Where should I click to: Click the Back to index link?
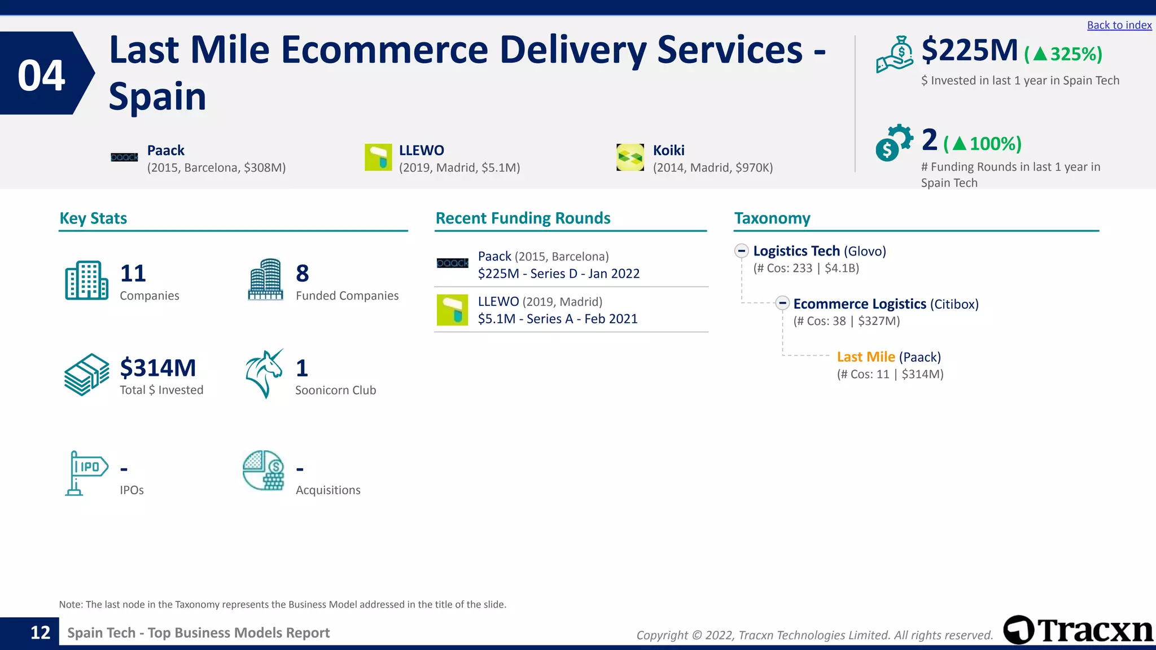1119,25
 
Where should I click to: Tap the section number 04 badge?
42,74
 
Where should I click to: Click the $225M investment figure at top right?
969,50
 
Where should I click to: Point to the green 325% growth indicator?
1063,54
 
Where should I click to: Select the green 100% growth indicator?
982,144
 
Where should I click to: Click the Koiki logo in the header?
630,157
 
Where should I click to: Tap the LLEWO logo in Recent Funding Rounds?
452,310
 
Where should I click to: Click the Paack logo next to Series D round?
452,263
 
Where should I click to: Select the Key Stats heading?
93,218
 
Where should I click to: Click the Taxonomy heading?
772,218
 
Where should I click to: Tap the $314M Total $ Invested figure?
157,368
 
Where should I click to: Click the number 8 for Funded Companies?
302,274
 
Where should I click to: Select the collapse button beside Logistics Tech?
741,251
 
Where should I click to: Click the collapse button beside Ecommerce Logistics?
782,303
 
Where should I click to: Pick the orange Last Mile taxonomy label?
865,357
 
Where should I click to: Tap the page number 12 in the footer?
40,633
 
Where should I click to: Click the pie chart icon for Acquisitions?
263,470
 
